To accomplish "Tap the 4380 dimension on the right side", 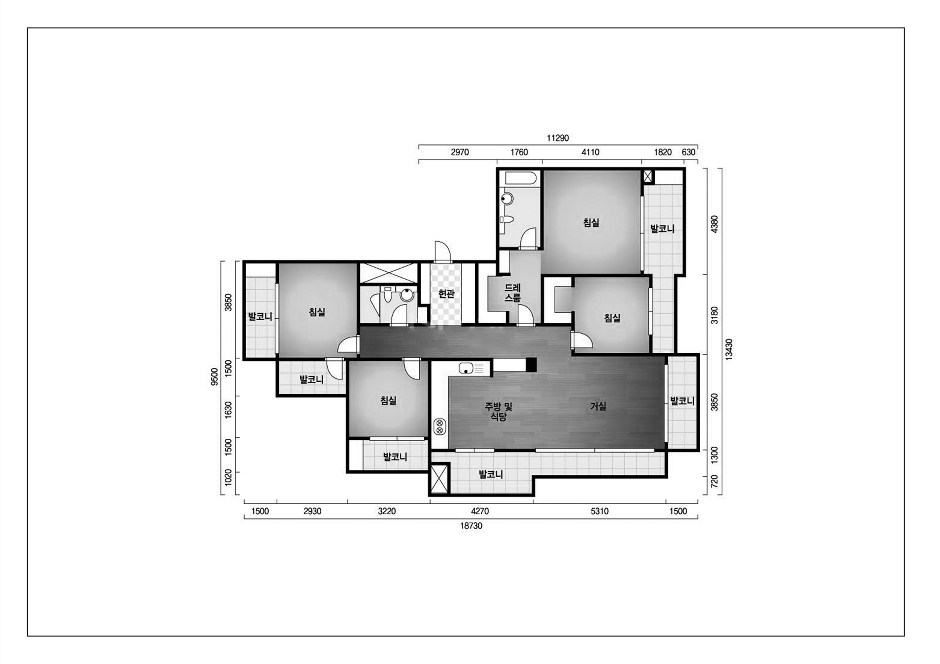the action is [x=714, y=224].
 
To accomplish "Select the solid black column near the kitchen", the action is [x=531, y=365].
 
